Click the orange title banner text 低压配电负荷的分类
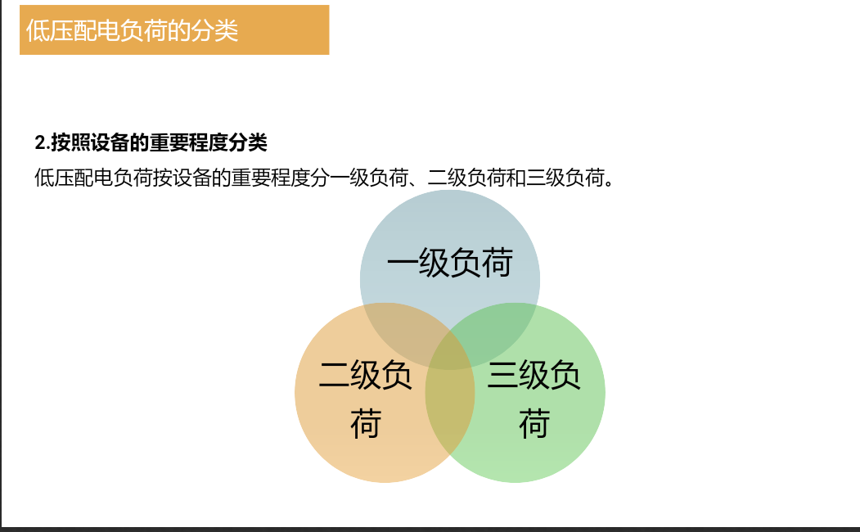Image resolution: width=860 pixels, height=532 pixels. [132, 30]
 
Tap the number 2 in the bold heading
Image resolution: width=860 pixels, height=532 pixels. [40, 142]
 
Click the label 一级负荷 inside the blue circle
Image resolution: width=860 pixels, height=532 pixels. [450, 262]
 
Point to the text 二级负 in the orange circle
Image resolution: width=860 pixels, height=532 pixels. [365, 375]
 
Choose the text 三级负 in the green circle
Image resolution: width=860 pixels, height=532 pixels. [534, 375]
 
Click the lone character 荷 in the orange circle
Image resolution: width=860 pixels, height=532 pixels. [366, 423]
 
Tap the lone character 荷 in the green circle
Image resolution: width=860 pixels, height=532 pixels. [534, 423]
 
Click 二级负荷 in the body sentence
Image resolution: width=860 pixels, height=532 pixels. [466, 178]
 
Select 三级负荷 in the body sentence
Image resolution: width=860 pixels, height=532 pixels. [565, 178]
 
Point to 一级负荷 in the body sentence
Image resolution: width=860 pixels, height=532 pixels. [368, 178]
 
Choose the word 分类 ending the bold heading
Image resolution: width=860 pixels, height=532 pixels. [248, 142]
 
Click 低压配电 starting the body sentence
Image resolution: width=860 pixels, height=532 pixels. [74, 178]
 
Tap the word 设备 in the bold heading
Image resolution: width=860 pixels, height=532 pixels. [110, 142]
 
